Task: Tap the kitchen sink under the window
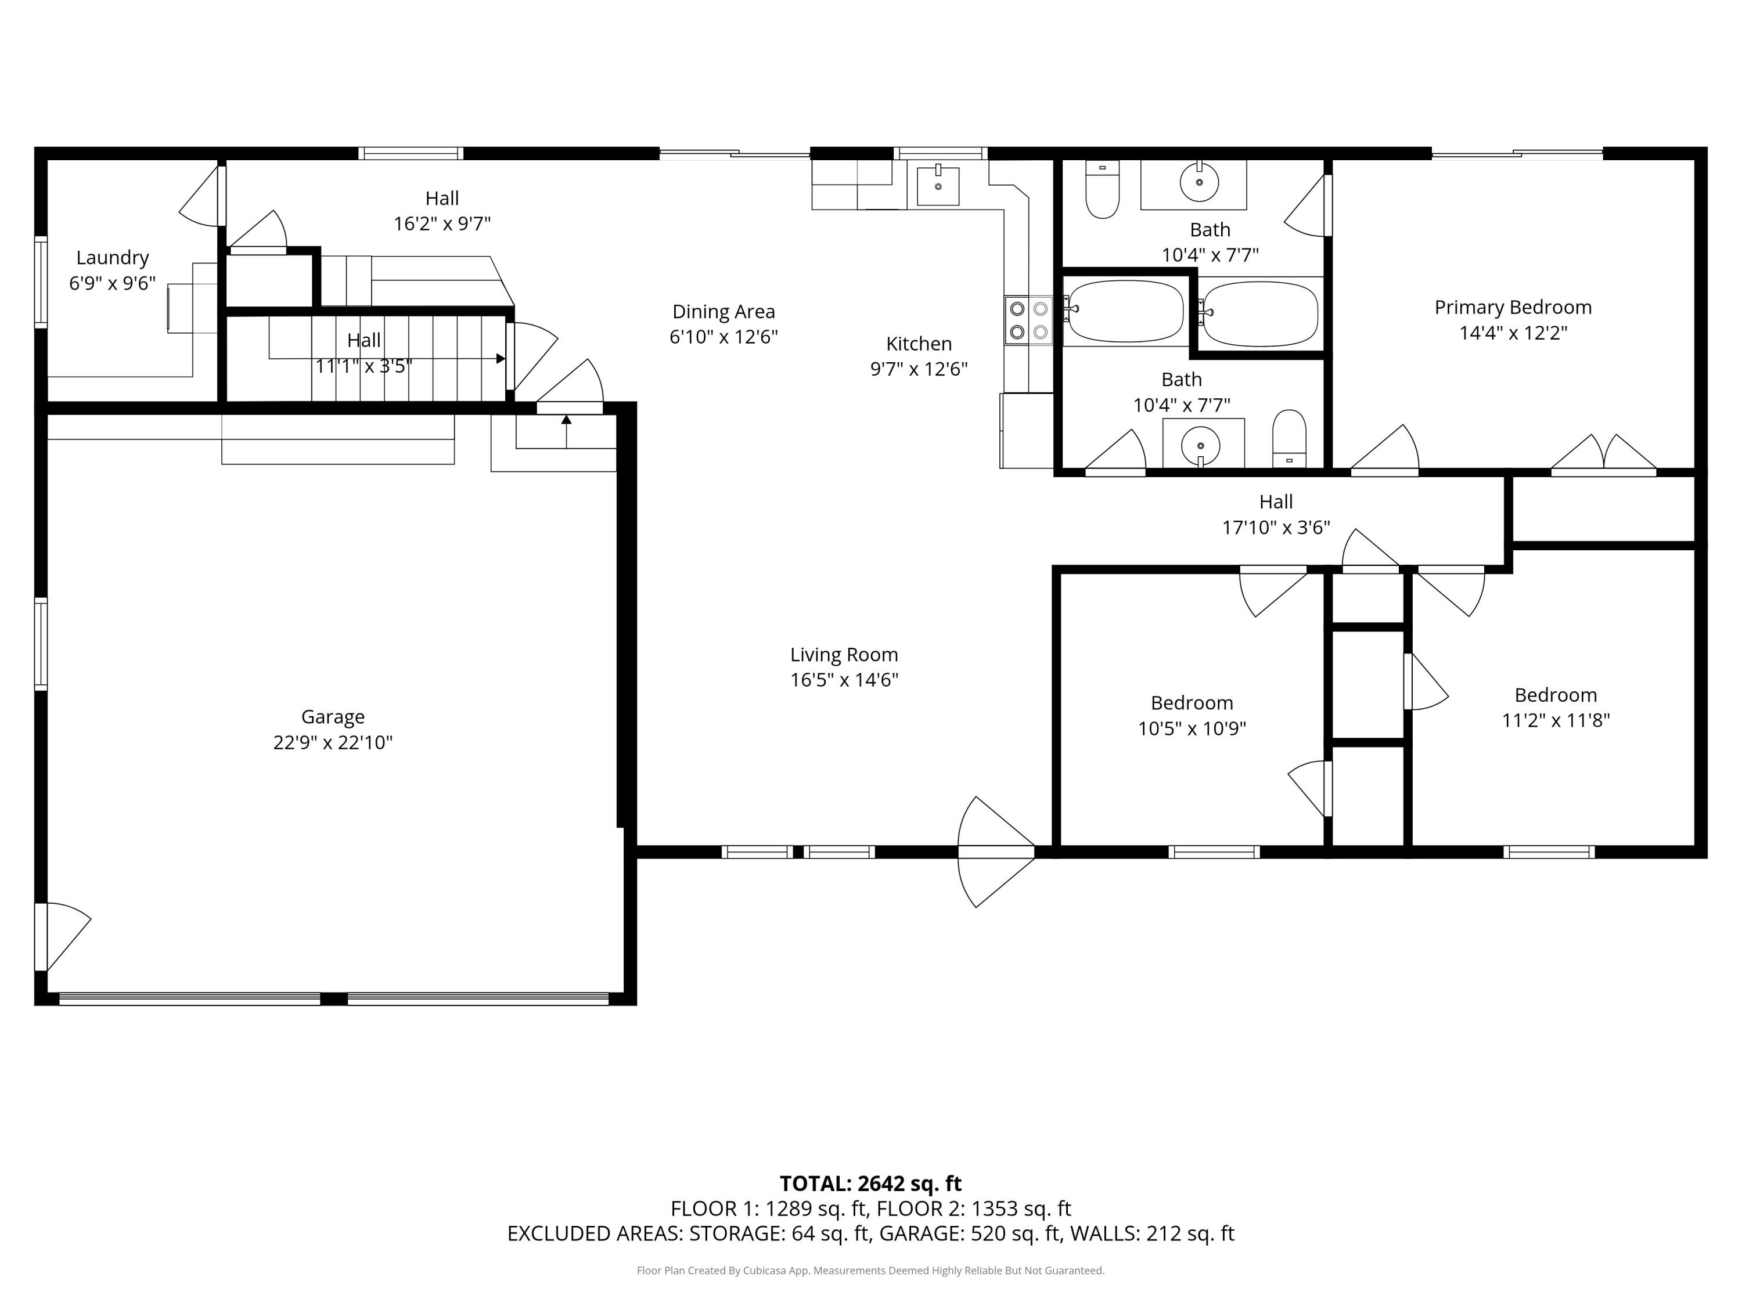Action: [938, 186]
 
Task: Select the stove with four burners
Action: [1028, 320]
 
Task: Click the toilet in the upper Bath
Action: [1102, 190]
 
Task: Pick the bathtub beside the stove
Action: [1125, 312]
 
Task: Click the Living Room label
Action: [844, 655]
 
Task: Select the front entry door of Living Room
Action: [996, 852]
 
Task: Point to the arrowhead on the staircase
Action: [500, 359]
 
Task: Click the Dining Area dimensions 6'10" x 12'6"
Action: [723, 337]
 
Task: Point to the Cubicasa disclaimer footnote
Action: [870, 1270]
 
